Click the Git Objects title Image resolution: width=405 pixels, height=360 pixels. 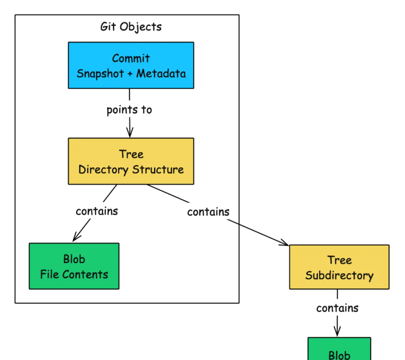pos(131,26)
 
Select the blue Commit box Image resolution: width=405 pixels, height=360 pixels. pos(131,65)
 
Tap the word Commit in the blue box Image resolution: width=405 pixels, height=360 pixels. pos(131,58)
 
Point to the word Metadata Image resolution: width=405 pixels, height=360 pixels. pos(161,74)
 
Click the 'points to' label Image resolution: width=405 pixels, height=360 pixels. pos(129,109)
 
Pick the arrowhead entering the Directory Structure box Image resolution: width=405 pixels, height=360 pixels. pos(130,134)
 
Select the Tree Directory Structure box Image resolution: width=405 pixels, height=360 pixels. pos(131,161)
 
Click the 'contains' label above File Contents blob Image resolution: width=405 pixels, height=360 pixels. pos(97,211)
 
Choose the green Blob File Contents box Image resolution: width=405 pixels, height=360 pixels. pos(74,266)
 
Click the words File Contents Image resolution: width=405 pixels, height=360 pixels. pos(74,274)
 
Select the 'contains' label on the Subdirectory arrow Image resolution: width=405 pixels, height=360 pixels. pos(208,212)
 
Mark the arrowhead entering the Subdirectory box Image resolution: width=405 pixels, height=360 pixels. pos(285,244)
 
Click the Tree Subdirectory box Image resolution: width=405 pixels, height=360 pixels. pos(339,267)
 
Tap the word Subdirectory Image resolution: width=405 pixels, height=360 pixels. pos(339,275)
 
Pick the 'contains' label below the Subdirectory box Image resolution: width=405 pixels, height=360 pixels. pos(337,308)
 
